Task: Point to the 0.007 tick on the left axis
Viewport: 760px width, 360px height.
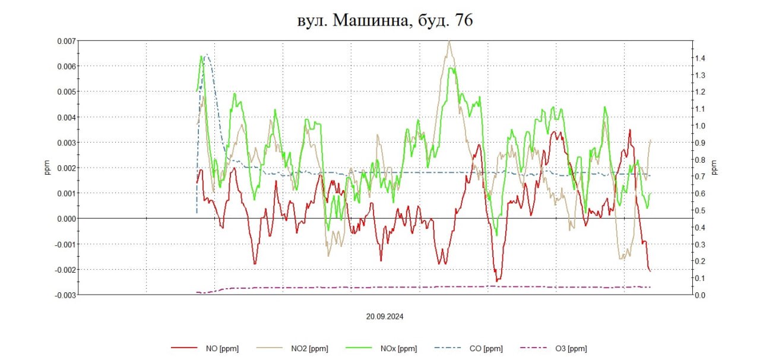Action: (x=66, y=41)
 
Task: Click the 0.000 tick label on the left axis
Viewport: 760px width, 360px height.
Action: (x=66, y=219)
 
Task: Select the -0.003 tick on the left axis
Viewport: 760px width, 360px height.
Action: (x=65, y=295)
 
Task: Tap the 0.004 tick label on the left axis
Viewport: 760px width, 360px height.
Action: (x=66, y=117)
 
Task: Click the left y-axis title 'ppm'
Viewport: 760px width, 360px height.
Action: (x=47, y=168)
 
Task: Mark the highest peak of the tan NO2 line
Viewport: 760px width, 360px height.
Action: (x=449, y=42)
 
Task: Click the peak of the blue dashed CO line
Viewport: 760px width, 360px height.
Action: (x=206, y=54)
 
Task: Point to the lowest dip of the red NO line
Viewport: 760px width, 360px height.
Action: (x=498, y=280)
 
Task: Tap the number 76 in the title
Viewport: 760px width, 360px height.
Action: (x=463, y=20)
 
